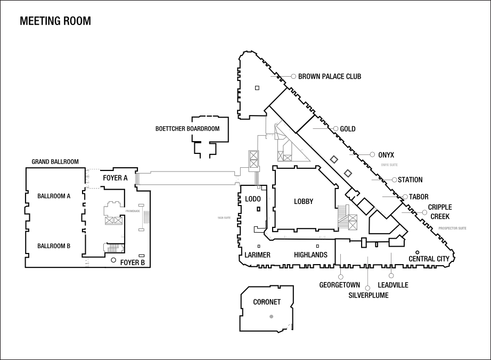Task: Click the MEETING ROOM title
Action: click(x=55, y=21)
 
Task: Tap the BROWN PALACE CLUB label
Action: click(x=329, y=77)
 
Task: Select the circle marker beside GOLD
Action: click(x=335, y=129)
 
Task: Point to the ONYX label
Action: click(x=386, y=154)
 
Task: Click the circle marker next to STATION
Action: click(x=394, y=180)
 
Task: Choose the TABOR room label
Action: click(x=419, y=197)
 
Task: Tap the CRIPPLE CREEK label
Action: click(x=440, y=212)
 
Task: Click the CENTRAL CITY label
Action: click(x=429, y=259)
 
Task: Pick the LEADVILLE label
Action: click(x=393, y=285)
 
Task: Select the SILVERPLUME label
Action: click(x=369, y=295)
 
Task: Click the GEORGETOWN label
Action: click(x=340, y=285)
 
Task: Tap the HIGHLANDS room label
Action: click(x=310, y=255)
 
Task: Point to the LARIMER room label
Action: click(x=258, y=255)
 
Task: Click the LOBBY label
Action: click(x=304, y=201)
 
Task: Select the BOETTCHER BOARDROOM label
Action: click(x=187, y=129)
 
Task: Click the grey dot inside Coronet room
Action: click(x=272, y=316)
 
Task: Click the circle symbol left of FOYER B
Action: click(x=113, y=260)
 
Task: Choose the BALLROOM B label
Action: click(x=54, y=246)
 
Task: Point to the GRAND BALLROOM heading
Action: click(x=55, y=161)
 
